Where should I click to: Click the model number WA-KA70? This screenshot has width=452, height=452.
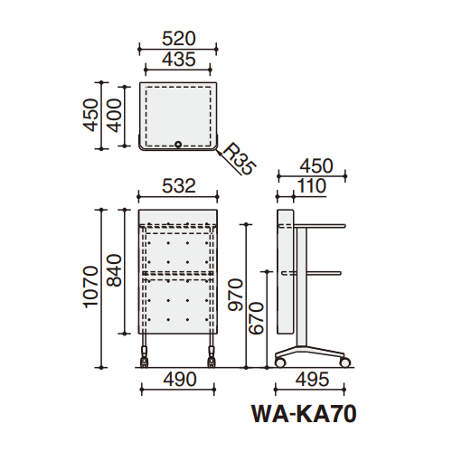tap(302, 414)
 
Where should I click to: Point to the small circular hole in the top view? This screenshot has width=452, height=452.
tap(178, 143)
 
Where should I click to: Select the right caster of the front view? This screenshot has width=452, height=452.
tap(212, 359)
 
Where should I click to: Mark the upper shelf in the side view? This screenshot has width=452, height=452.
tap(321, 225)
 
